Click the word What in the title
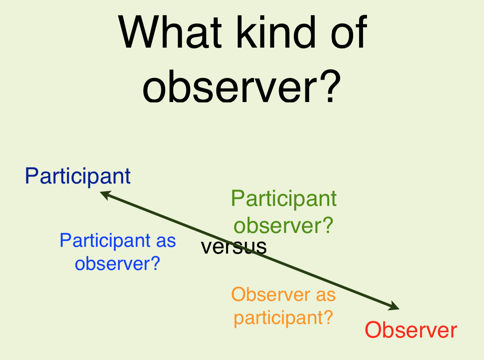click(x=170, y=32)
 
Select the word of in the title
click(x=349, y=32)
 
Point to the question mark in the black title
click(x=330, y=86)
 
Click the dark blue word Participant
click(x=78, y=177)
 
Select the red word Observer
click(x=411, y=330)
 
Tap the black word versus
click(x=233, y=247)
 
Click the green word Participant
click(x=284, y=199)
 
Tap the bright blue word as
click(x=166, y=243)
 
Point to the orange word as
click(x=326, y=296)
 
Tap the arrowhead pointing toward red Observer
click(x=394, y=306)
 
